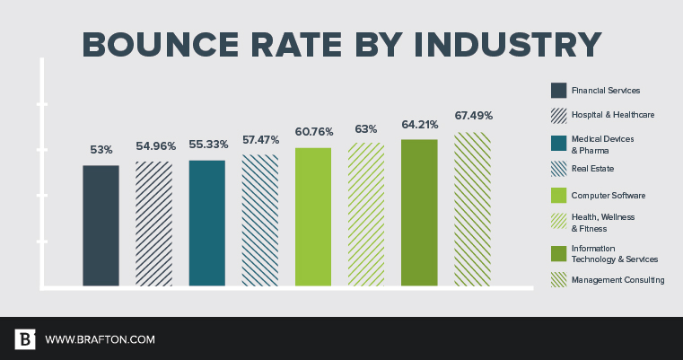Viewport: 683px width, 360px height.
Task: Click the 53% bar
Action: coord(101,225)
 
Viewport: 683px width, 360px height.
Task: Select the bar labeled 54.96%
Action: coord(153,224)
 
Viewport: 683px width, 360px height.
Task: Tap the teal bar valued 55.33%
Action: coord(206,223)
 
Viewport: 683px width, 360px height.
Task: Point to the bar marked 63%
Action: coord(365,215)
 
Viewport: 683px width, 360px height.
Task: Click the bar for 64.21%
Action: coord(418,213)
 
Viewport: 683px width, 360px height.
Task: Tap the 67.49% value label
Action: coord(473,115)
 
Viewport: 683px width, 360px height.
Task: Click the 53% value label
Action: coord(101,148)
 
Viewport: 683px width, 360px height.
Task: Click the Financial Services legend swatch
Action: coord(557,90)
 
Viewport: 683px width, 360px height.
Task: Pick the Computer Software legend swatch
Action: coord(557,195)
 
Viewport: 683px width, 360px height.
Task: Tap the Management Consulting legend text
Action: coord(617,280)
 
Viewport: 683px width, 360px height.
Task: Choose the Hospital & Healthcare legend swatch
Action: coord(557,115)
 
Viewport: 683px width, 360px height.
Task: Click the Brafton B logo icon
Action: coord(25,339)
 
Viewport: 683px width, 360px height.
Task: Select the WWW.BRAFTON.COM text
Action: coord(100,339)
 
